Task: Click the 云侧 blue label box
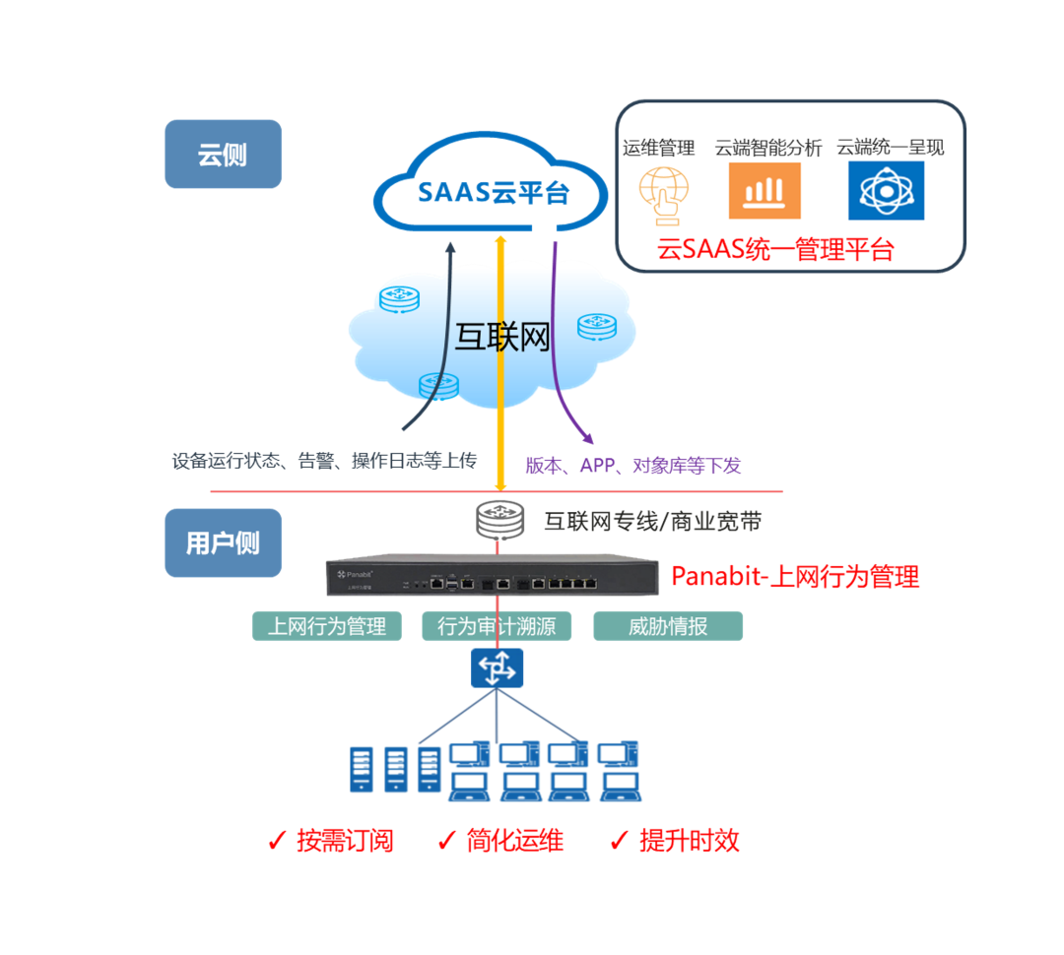click(x=223, y=155)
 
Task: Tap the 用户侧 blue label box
click(x=223, y=542)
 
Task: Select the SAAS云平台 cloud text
click(x=494, y=191)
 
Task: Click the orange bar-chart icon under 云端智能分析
click(x=765, y=191)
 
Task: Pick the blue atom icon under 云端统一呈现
click(x=886, y=191)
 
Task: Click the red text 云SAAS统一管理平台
click(x=775, y=249)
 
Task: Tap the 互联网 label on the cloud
click(x=501, y=337)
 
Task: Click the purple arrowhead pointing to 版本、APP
click(x=586, y=436)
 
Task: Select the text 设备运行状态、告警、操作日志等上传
click(x=324, y=460)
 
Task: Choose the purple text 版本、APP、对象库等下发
click(x=632, y=466)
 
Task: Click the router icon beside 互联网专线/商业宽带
click(x=497, y=521)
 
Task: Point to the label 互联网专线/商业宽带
click(x=652, y=522)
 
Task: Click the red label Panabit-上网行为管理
click(x=795, y=576)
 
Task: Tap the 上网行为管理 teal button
click(x=327, y=626)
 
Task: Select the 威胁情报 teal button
click(x=668, y=626)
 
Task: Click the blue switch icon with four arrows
click(x=497, y=668)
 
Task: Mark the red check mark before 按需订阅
click(x=277, y=841)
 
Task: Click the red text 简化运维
click(x=514, y=841)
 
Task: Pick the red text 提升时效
click(x=689, y=841)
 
